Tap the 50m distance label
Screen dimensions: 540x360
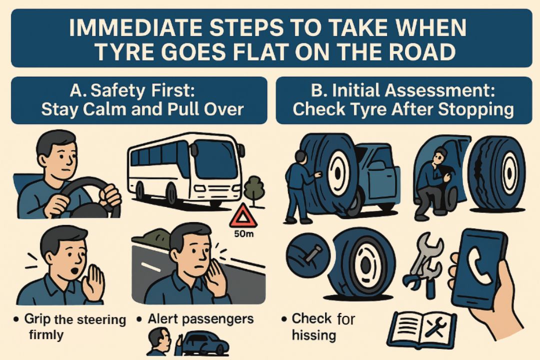(243, 234)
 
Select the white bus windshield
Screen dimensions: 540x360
(216, 159)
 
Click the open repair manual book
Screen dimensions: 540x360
(422, 328)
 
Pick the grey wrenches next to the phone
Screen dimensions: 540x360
(423, 264)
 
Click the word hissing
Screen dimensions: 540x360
(313, 335)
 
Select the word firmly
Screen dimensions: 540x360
(46, 335)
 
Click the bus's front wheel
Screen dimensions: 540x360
(171, 193)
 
